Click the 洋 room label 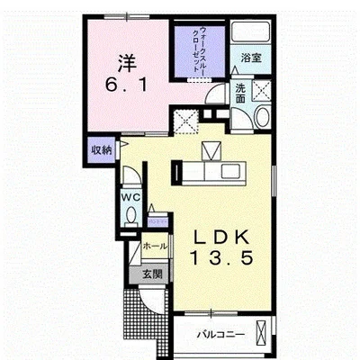pyautogui.click(x=127, y=63)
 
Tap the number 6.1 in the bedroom pyautogui.click(x=126, y=85)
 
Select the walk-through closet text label pyautogui.click(x=200, y=49)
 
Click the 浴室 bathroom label pyautogui.click(x=251, y=58)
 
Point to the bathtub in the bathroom pyautogui.click(x=251, y=31)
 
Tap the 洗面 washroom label pyautogui.click(x=240, y=94)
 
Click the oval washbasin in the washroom pyautogui.click(x=262, y=116)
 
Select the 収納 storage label pyautogui.click(x=101, y=149)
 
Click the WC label pyautogui.click(x=130, y=197)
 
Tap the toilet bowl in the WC pyautogui.click(x=130, y=216)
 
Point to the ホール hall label pyautogui.click(x=155, y=247)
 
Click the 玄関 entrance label pyautogui.click(x=152, y=274)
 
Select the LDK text pyautogui.click(x=221, y=237)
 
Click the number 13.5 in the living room pyautogui.click(x=221, y=258)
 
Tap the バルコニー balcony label pyautogui.click(x=220, y=335)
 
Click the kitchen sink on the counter pyautogui.click(x=230, y=171)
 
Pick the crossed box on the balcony pyautogui.click(x=262, y=333)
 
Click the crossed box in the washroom pyautogui.click(x=262, y=89)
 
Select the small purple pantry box pyautogui.click(x=157, y=222)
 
